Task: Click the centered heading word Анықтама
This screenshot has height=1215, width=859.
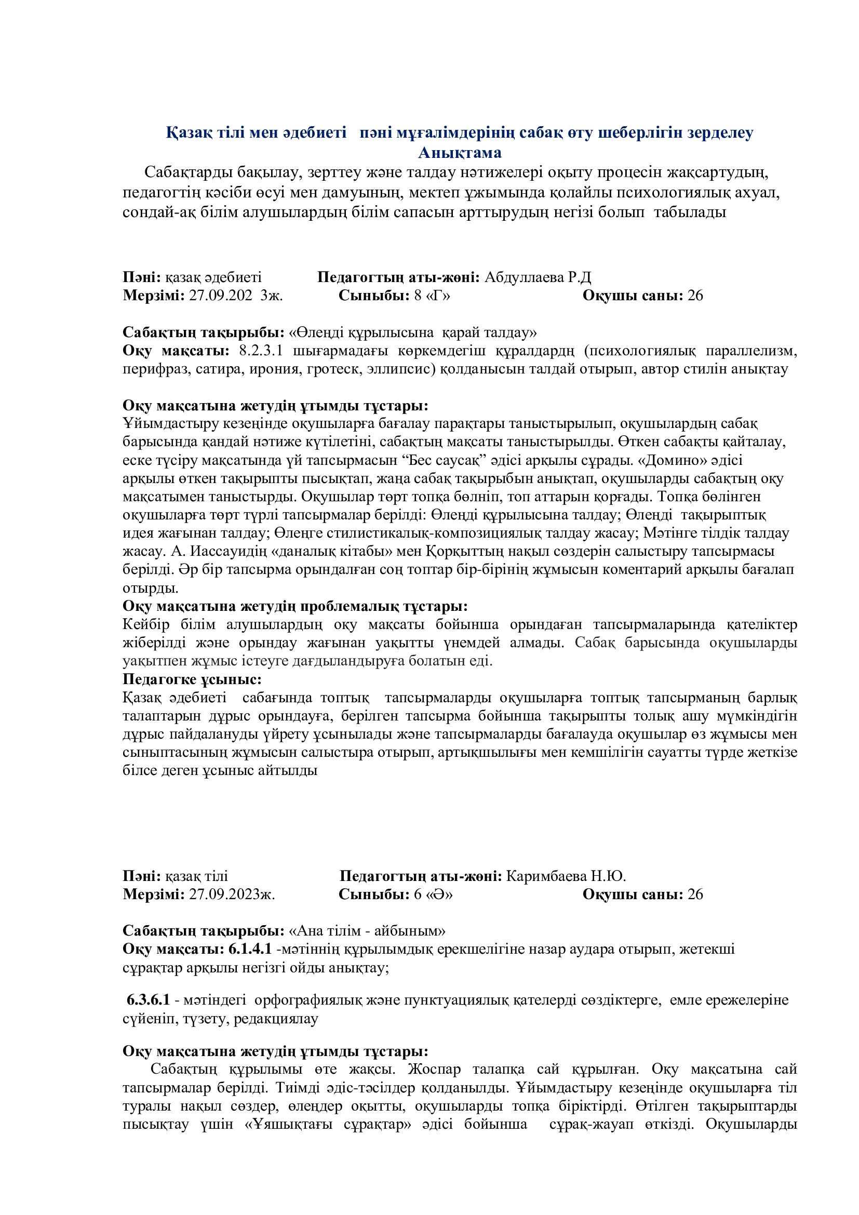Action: (x=460, y=153)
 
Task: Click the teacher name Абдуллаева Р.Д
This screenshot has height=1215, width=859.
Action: (x=538, y=277)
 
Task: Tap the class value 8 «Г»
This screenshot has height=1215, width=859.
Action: (x=432, y=295)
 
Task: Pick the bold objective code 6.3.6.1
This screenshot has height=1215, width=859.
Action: (x=148, y=1000)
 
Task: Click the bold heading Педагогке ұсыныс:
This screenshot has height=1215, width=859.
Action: (x=192, y=679)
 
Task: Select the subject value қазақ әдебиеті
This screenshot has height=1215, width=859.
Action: (x=213, y=277)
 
